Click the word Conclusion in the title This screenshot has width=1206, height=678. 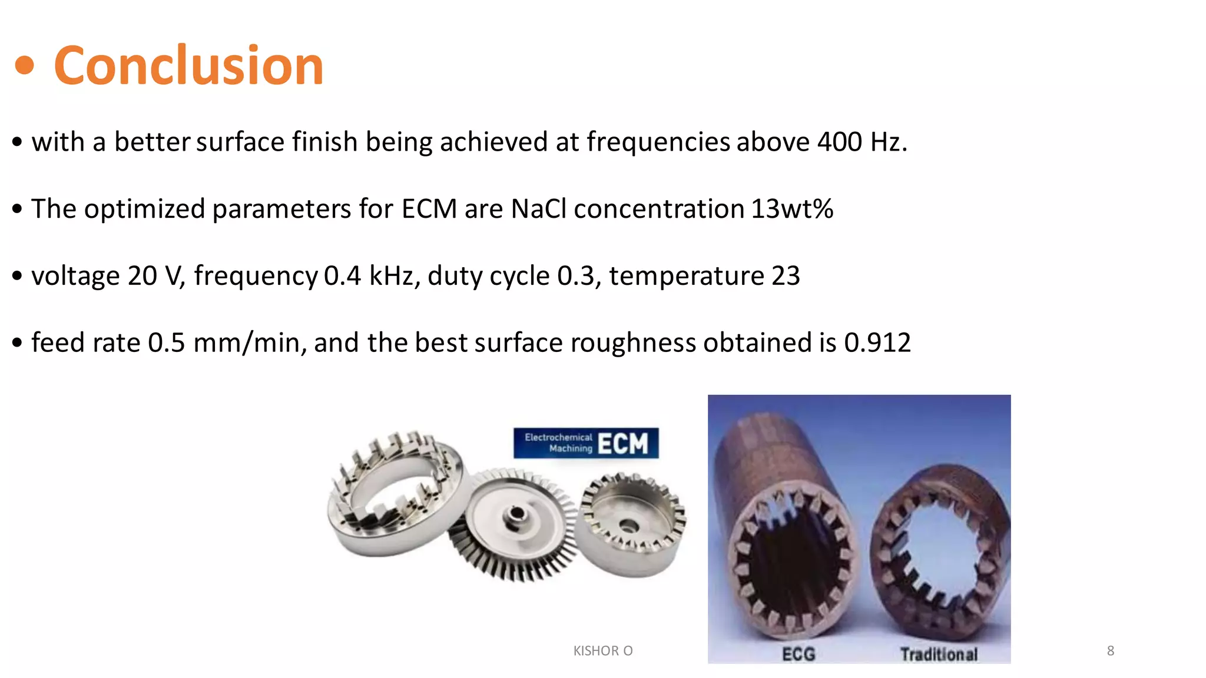188,65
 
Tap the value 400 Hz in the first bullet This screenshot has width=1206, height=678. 862,142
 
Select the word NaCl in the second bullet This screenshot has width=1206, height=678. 538,209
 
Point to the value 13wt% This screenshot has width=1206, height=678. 792,209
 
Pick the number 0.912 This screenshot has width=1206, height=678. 877,343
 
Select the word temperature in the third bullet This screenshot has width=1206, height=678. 687,276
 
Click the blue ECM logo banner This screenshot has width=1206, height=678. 586,443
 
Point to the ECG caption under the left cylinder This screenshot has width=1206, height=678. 799,654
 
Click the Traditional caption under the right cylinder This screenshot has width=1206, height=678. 939,654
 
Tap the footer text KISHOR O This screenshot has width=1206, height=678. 603,650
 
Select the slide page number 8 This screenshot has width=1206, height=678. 1111,650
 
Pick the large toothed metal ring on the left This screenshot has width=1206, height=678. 395,494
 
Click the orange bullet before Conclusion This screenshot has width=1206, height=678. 25,65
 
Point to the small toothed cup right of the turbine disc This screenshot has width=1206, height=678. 630,524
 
